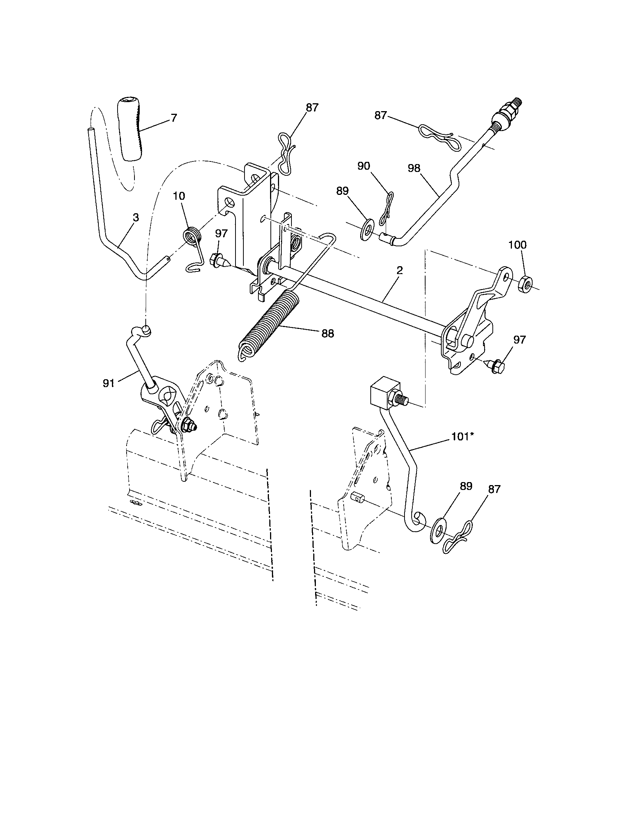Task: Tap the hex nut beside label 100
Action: pyautogui.click(x=524, y=282)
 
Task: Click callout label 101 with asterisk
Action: pyautogui.click(x=463, y=437)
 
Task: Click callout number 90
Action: pyautogui.click(x=364, y=166)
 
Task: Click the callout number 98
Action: pyautogui.click(x=414, y=168)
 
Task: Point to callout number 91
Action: pyautogui.click(x=109, y=383)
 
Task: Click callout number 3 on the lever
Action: pyautogui.click(x=136, y=217)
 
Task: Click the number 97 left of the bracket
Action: pyautogui.click(x=221, y=234)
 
